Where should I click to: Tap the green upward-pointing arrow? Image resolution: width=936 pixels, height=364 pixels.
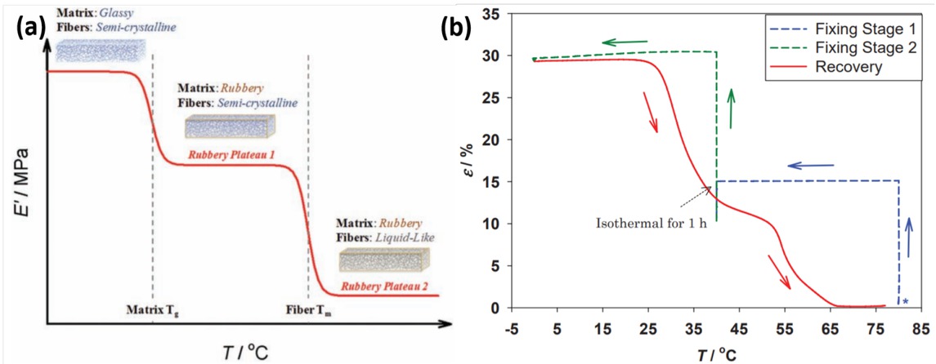coord(732,106)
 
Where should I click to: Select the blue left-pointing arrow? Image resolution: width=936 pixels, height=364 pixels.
coord(810,166)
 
